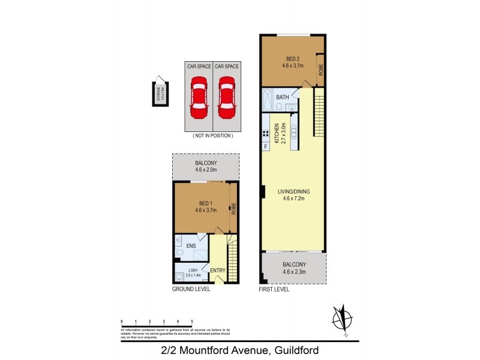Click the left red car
[199, 98]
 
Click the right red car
[227, 98]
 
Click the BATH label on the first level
[283, 97]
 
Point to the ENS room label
[191, 246]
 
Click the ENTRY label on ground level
[217, 271]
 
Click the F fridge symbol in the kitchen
[265, 146]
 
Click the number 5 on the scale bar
[192, 322]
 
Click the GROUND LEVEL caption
[191, 289]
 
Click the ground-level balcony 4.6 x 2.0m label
[205, 166]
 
